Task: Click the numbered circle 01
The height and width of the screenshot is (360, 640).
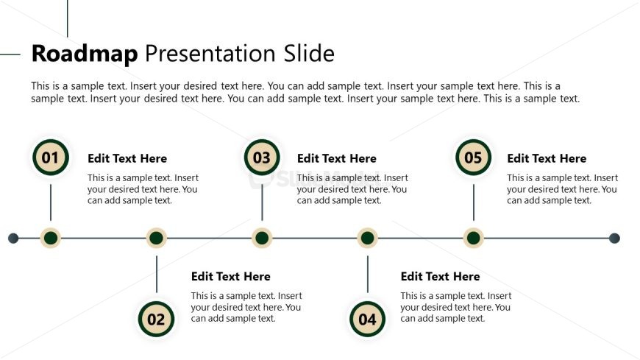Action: [x=51, y=158]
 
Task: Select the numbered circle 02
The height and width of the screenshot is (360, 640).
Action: [x=157, y=319]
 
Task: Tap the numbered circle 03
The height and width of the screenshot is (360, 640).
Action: [x=262, y=158]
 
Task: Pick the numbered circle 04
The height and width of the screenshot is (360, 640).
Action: [x=367, y=319]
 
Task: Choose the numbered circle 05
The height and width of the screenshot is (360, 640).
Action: [x=474, y=158]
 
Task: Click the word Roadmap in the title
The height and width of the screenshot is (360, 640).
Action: [x=85, y=54]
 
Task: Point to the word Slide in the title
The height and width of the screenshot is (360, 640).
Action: [x=309, y=54]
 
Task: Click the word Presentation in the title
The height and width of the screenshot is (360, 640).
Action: [x=210, y=54]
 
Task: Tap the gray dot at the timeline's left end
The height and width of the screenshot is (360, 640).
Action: [x=13, y=238]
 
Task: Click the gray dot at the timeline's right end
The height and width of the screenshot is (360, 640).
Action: [x=614, y=238]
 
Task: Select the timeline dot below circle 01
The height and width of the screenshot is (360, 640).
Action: [x=51, y=238]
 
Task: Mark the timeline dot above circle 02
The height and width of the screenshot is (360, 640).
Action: [x=157, y=238]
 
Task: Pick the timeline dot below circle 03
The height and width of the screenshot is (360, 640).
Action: [x=262, y=238]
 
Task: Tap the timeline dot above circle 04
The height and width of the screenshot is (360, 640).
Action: [x=367, y=238]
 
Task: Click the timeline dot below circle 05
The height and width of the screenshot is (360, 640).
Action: [x=474, y=238]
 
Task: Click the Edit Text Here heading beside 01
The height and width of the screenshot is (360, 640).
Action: [x=127, y=158]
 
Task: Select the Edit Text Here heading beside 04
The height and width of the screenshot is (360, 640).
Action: [x=441, y=277]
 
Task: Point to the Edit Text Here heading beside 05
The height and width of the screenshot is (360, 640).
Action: [x=547, y=158]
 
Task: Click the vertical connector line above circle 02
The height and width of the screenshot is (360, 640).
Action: [x=157, y=274]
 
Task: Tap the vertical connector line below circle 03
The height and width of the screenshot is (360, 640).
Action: [x=262, y=202]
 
